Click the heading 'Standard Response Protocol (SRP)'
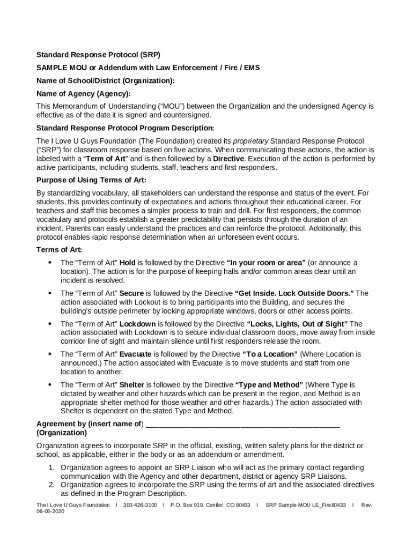(98, 55)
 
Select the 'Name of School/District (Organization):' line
(105, 81)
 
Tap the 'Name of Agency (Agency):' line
(83, 94)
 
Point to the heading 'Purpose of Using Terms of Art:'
(91, 180)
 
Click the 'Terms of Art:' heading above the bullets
(59, 250)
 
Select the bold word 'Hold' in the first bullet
(127, 263)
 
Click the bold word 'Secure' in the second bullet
(131, 293)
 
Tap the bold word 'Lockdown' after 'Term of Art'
(137, 324)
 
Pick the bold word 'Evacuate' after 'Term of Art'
(135, 354)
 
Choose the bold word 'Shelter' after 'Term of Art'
(131, 385)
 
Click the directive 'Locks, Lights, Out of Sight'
(297, 324)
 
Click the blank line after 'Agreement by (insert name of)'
(242, 424)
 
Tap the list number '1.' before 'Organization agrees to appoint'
(51, 468)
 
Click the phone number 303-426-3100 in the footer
(140, 505)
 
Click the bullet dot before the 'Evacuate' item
(50, 354)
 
